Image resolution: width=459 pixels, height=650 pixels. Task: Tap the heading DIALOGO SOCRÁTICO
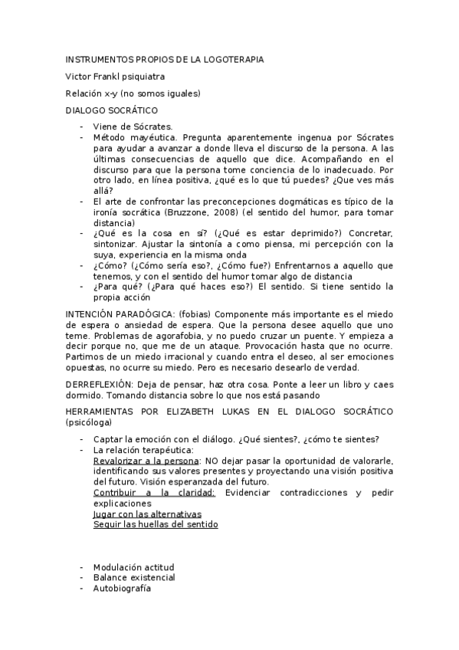point(112,110)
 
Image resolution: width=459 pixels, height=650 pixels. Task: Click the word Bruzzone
point(188,212)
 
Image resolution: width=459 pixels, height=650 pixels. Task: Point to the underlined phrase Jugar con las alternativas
point(147,514)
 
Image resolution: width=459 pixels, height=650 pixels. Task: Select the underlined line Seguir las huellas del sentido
point(156,525)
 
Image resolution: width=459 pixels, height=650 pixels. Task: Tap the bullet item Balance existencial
point(134,577)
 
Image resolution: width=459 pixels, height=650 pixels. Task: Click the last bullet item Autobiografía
point(122,588)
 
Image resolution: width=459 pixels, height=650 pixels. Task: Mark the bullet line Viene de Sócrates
point(133,126)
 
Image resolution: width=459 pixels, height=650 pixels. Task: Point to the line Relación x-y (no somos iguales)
point(133,94)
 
